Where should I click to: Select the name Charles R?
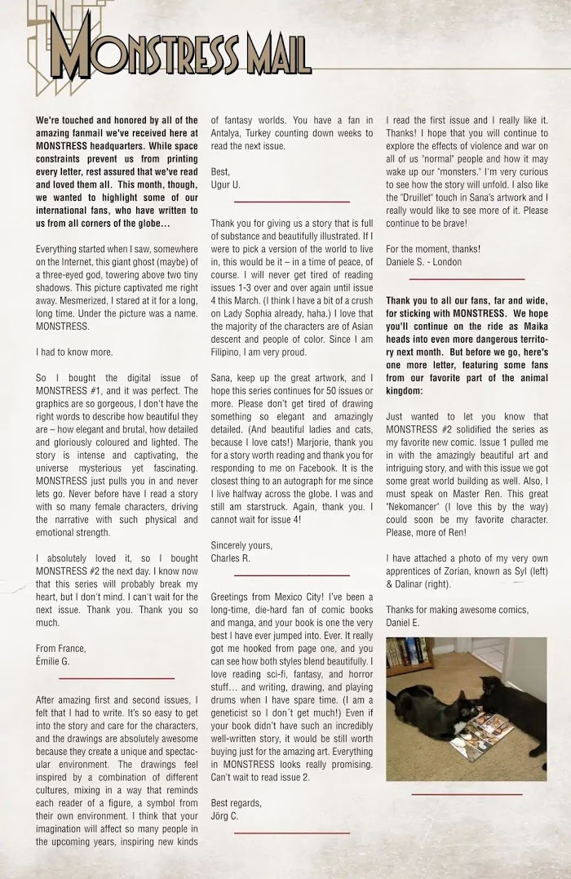[231, 558]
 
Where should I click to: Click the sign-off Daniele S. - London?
[423, 262]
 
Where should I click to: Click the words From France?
[61, 648]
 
